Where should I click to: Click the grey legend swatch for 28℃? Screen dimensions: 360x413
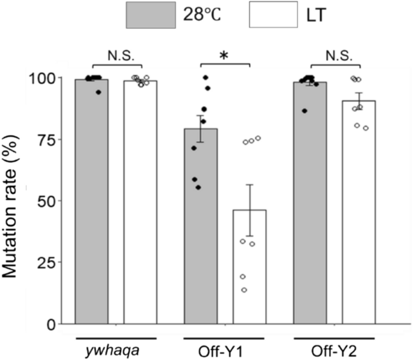coord(150,14)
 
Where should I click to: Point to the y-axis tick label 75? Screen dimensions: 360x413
coord(49,140)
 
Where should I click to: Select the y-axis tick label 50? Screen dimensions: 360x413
coord(49,201)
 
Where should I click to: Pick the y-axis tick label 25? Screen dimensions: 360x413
coord(49,263)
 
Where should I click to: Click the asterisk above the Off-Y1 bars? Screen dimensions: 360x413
coord(224,55)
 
